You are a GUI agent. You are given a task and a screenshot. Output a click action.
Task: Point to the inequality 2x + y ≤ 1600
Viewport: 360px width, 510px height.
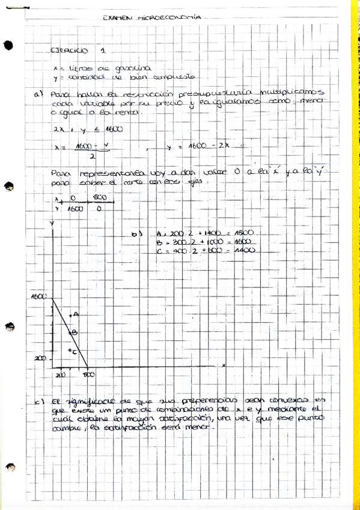(87, 128)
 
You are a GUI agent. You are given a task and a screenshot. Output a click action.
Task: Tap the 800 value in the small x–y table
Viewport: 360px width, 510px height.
(99, 198)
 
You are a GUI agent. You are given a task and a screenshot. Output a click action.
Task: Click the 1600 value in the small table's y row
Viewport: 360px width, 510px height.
(74, 210)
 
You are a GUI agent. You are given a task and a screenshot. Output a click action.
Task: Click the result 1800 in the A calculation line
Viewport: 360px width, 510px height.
(243, 232)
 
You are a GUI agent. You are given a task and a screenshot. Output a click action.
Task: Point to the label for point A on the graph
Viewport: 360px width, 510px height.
(76, 313)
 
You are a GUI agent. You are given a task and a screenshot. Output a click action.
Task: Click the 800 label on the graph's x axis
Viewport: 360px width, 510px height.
(88, 375)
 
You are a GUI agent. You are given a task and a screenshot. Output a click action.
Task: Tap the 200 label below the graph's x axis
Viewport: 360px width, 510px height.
(60, 375)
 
